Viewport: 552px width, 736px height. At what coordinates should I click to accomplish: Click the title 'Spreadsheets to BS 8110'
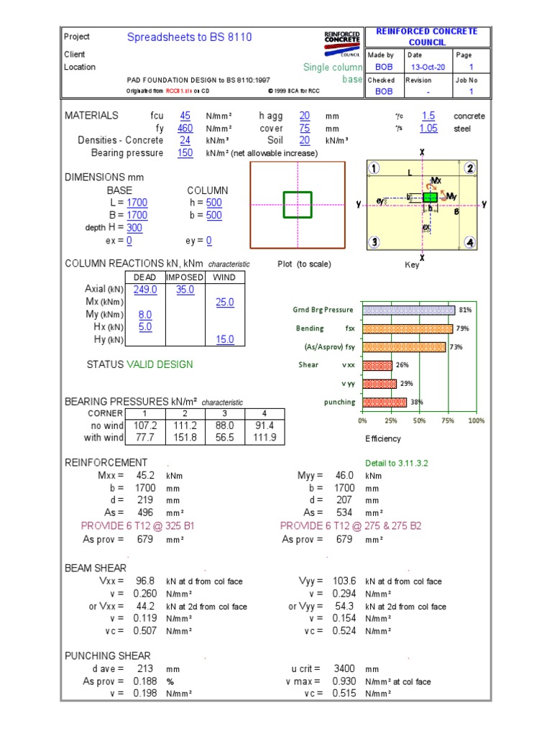(x=190, y=37)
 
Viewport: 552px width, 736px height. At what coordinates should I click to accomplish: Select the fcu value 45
(x=185, y=115)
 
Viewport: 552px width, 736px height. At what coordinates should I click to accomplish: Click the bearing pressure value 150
(x=185, y=153)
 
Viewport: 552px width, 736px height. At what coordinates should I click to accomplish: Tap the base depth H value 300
(x=134, y=228)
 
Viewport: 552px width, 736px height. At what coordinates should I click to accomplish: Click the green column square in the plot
(x=298, y=203)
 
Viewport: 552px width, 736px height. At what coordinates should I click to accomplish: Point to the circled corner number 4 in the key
(x=469, y=242)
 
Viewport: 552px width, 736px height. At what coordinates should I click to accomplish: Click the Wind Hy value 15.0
(x=225, y=339)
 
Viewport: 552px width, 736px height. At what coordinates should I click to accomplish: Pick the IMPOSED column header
(x=185, y=277)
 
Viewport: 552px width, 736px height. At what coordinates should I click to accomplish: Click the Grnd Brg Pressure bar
(x=408, y=310)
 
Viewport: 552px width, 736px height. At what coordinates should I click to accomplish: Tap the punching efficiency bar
(x=384, y=402)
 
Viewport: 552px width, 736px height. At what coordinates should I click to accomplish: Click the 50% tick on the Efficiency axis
(x=419, y=420)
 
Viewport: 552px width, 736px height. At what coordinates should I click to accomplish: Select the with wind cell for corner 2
(x=185, y=438)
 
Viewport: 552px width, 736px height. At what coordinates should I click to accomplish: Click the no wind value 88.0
(x=225, y=425)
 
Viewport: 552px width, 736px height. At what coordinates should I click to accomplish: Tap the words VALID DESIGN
(x=160, y=364)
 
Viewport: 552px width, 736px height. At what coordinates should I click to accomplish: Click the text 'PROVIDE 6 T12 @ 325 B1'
(x=138, y=526)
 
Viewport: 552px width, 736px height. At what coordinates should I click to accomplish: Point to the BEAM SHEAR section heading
(x=96, y=568)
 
